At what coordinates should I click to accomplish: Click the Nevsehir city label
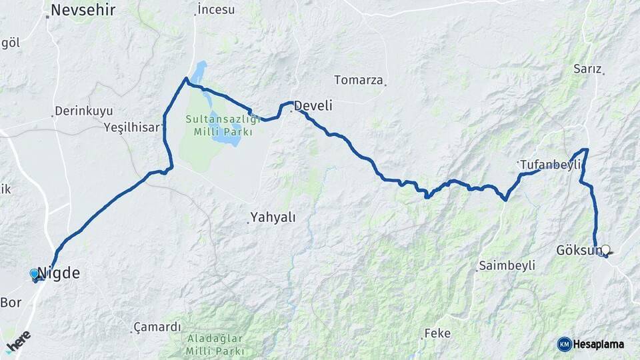tap(83, 10)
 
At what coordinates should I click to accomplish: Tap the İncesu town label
tap(216, 9)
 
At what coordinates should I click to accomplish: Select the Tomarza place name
tap(359, 81)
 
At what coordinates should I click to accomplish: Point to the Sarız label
tap(588, 69)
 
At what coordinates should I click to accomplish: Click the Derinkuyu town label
tap(83, 111)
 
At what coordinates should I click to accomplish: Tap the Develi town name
tap(313, 106)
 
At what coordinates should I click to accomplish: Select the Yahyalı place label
tap(273, 217)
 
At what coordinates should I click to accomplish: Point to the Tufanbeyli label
tap(551, 165)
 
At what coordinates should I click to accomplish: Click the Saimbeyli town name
tap(507, 266)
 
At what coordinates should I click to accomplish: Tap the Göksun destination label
tap(577, 251)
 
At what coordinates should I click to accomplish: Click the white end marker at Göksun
tap(606, 250)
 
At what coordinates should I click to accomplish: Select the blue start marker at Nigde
tap(35, 274)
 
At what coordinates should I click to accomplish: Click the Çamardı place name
tap(157, 327)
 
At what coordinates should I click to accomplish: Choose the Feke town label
tap(437, 333)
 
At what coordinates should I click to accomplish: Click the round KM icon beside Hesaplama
tap(565, 344)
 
